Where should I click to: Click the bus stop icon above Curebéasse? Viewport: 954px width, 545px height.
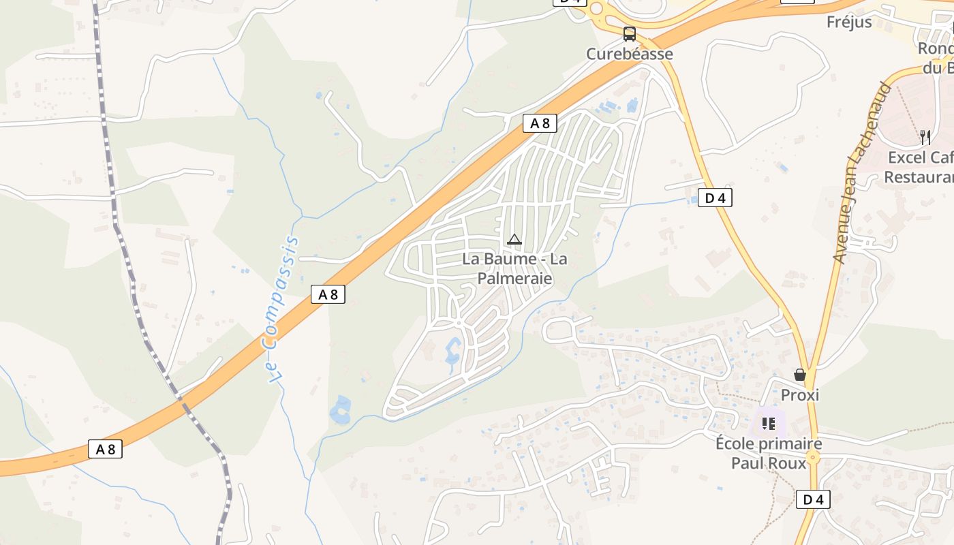(x=630, y=33)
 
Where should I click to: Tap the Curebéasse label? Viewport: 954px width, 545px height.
(x=630, y=54)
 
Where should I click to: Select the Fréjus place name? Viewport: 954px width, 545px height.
(x=849, y=22)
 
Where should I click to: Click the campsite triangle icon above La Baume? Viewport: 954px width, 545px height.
(x=514, y=239)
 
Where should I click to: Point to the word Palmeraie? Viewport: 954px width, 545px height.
(x=514, y=279)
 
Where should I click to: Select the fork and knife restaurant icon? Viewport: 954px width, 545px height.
(x=925, y=137)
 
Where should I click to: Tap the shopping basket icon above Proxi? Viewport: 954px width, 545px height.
(x=800, y=375)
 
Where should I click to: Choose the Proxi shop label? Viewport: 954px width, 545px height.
(x=800, y=395)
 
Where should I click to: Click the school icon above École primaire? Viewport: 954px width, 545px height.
(x=769, y=424)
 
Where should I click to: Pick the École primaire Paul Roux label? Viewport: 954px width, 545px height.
(x=769, y=454)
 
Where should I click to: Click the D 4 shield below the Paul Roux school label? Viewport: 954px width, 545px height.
(x=813, y=499)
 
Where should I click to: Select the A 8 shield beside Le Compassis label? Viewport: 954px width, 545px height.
(x=328, y=294)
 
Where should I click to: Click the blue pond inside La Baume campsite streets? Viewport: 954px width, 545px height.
(x=452, y=352)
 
